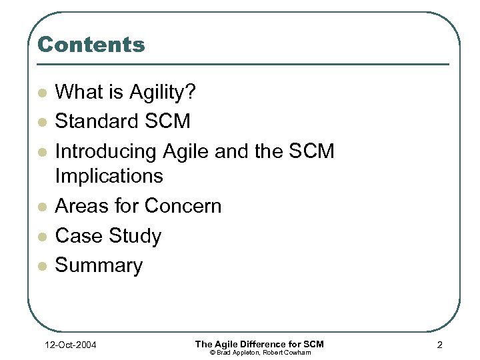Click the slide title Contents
coord(91,45)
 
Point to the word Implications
coord(109,176)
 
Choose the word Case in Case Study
coord(73,236)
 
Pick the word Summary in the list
coord(99,265)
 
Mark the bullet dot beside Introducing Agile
coord(42,153)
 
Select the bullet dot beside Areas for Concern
coord(42,207)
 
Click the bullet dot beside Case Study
coord(42,237)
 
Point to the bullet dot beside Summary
coord(42,267)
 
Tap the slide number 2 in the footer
coord(440,345)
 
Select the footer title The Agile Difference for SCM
coord(259,343)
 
